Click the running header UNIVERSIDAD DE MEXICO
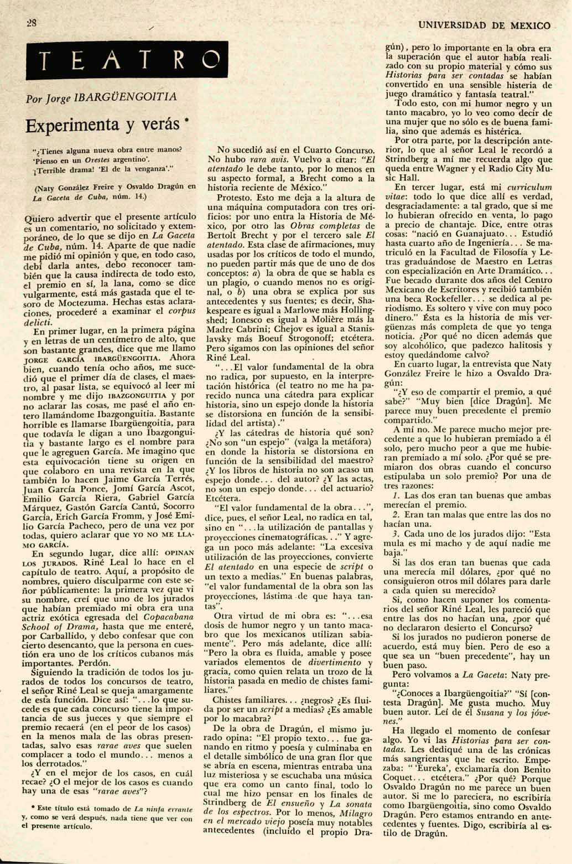tap(485, 25)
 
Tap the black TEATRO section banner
tap(127, 61)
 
